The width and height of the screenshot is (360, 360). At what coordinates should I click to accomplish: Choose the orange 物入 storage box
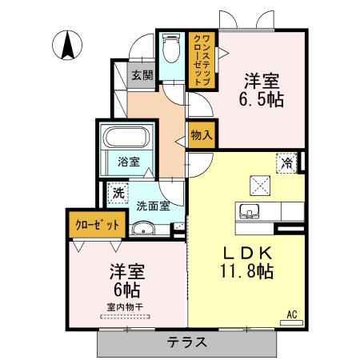coord(201,135)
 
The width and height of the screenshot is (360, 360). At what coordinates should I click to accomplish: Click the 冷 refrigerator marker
coord(286,162)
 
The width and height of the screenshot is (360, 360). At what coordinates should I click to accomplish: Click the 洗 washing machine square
coord(118,193)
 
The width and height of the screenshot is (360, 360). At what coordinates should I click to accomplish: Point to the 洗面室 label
coord(151,205)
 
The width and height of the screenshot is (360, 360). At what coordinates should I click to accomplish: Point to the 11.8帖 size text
coord(247,272)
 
